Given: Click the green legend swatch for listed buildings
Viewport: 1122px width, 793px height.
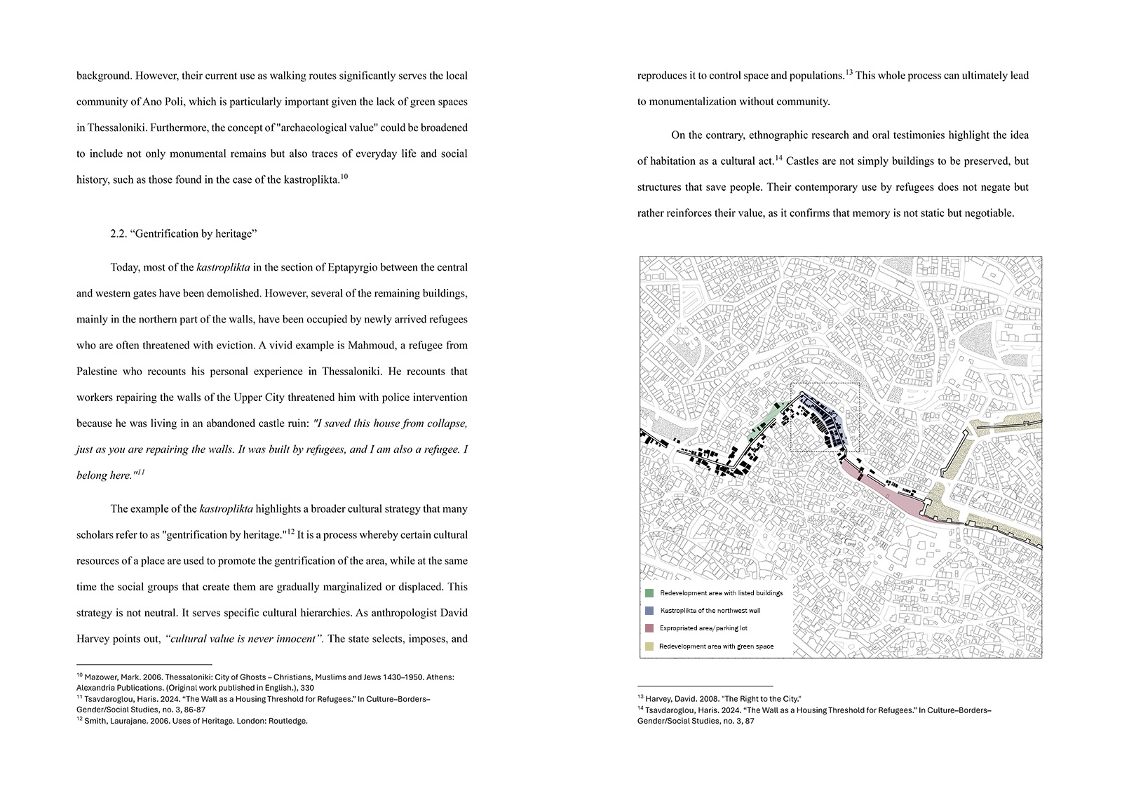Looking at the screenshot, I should click(649, 593).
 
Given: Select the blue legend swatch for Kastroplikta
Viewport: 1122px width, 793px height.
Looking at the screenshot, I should click(649, 611).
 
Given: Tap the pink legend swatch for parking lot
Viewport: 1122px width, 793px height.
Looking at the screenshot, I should click(649, 628).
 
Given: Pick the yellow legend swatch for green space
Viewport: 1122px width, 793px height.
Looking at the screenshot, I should click(649, 646).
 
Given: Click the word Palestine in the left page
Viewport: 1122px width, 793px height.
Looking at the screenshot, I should click(97, 372).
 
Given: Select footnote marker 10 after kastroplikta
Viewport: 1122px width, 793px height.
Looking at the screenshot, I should click(344, 177).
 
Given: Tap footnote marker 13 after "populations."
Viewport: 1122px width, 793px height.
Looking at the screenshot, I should click(849, 72).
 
